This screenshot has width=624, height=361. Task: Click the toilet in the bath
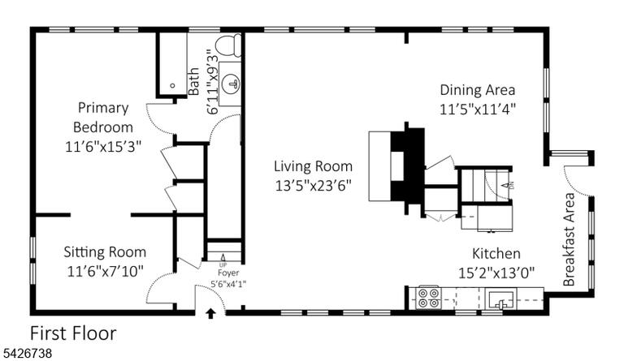click(229, 45)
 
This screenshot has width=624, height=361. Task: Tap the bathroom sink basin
click(232, 84)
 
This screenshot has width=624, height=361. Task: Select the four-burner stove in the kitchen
click(429, 298)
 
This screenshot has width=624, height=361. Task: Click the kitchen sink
click(501, 299)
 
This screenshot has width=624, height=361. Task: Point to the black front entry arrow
click(210, 314)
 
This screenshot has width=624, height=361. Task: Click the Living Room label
click(313, 166)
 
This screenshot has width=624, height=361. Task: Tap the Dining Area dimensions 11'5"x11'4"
click(478, 110)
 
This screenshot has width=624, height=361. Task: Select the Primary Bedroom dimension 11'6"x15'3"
click(103, 147)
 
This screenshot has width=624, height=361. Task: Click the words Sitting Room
click(105, 252)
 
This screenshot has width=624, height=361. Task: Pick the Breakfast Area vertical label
click(569, 239)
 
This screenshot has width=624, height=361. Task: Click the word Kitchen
click(496, 253)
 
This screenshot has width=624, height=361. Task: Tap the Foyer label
click(228, 273)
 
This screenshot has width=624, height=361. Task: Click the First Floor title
click(73, 333)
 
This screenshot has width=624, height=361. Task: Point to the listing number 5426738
click(26, 353)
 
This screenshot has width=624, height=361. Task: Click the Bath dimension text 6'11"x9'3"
click(213, 81)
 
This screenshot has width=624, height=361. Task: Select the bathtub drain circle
click(173, 85)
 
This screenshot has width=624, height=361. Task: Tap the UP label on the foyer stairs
click(223, 265)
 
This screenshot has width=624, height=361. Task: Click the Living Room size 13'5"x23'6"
click(314, 186)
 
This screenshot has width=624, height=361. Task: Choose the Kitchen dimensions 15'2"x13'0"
click(496, 273)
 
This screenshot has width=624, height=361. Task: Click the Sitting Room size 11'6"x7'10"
click(105, 272)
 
